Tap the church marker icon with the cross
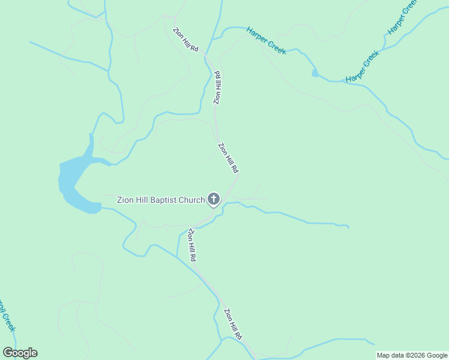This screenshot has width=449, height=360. (214, 199)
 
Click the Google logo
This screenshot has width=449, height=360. (20, 353)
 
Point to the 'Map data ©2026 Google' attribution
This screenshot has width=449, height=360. (412, 355)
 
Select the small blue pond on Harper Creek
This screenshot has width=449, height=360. (315, 73)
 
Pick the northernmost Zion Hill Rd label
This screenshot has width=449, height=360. (185, 40)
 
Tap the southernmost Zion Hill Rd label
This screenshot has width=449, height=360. (232, 323)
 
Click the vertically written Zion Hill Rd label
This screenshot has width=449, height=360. (218, 88)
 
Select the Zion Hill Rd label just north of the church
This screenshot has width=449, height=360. (229, 157)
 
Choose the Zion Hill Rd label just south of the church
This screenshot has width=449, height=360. (192, 244)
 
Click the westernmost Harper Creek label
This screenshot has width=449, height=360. (266, 40)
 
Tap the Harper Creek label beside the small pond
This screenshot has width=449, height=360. (363, 67)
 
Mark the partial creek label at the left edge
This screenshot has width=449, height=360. (7, 315)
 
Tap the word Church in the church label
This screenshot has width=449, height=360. (190, 199)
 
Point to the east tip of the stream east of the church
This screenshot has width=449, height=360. (348, 227)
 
